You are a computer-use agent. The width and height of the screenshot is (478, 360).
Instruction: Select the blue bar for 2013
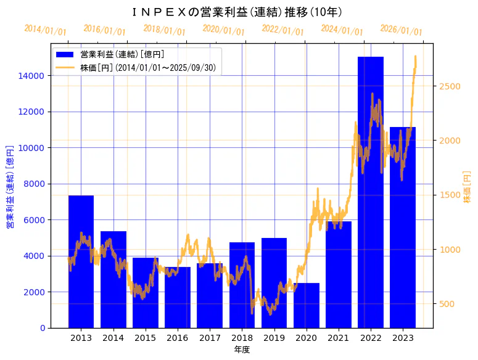tap(81, 261)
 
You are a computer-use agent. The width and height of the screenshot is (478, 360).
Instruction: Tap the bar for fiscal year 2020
tap(307, 305)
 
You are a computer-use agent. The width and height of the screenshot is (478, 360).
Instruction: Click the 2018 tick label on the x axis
tap(242, 338)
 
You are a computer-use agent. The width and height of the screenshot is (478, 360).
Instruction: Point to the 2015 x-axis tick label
tap(146, 338)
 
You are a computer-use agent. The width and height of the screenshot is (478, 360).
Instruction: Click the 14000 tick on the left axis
tap(31, 76)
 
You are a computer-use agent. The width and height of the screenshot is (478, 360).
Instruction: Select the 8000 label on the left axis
tap(34, 184)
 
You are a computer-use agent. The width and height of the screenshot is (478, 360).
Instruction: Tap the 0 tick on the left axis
tap(42, 328)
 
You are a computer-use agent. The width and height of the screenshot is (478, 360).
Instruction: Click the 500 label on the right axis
tap(448, 304)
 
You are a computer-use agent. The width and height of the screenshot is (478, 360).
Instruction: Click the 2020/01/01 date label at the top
tap(224, 30)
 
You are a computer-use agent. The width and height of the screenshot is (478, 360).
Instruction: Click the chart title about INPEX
tap(238, 12)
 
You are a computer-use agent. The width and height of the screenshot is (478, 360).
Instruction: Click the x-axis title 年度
tap(242, 350)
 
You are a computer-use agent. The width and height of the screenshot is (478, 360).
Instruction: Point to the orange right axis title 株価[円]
tap(467, 188)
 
